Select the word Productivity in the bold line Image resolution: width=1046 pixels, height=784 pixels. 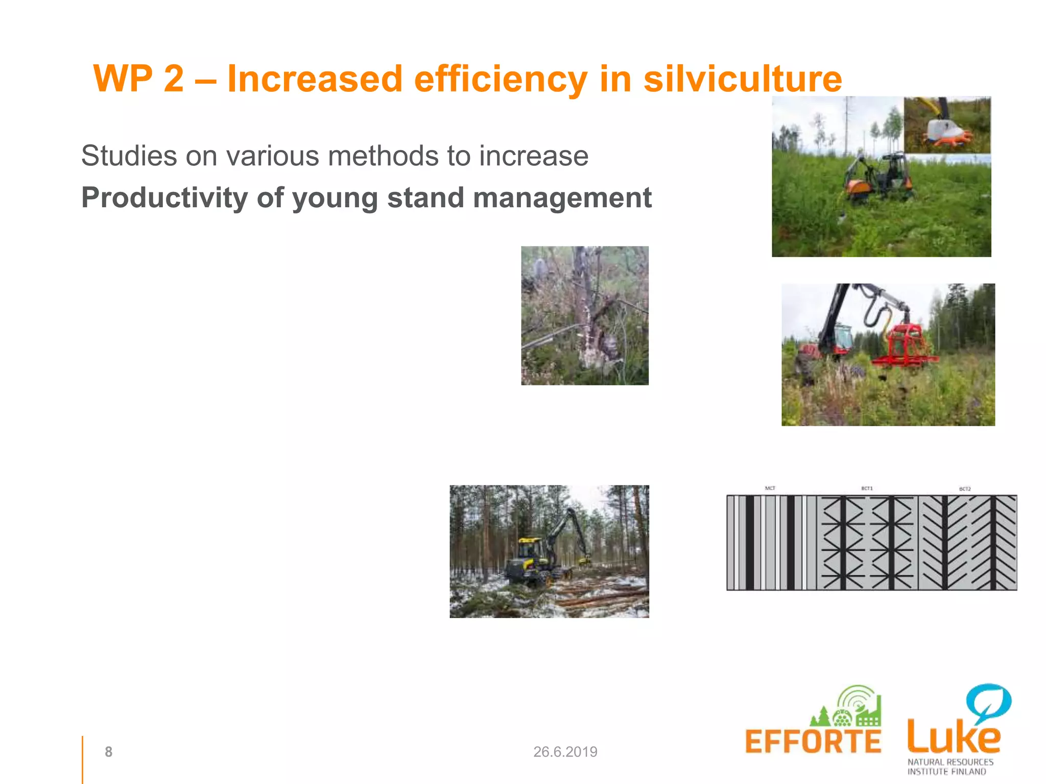coord(164,198)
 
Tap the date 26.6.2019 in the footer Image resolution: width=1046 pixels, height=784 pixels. coord(565,751)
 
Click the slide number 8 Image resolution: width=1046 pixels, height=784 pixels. coord(108,751)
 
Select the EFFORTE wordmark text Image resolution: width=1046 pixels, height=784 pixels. coord(813,742)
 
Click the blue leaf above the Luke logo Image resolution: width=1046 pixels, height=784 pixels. coord(989,702)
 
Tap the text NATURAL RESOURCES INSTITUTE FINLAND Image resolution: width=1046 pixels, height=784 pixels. coord(950,767)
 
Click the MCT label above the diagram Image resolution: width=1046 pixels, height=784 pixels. coord(770,488)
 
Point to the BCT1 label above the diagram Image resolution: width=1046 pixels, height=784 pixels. coord(867,488)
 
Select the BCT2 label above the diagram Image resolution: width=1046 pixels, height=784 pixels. coord(964,489)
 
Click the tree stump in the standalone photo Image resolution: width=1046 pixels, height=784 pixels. coord(587,327)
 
